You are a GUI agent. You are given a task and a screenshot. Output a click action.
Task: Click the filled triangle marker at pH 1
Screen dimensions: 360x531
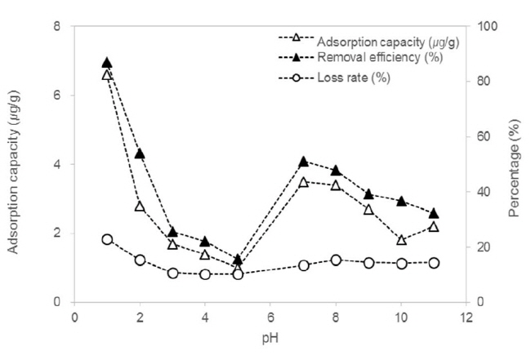pyautogui.click(x=107, y=63)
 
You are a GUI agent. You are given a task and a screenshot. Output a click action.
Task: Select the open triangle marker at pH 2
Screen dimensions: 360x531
pyautogui.click(x=140, y=207)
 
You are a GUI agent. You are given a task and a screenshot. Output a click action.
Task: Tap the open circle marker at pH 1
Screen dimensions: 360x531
pyautogui.click(x=107, y=239)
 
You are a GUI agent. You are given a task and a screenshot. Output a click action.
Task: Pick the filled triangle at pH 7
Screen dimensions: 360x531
pyautogui.click(x=303, y=162)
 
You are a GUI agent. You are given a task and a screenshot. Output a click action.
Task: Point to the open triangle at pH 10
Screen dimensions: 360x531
pyautogui.click(x=401, y=240)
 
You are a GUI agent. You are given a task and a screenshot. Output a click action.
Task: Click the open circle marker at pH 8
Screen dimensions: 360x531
pyautogui.click(x=336, y=260)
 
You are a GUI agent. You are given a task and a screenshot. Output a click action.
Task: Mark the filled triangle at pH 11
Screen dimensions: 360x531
pyautogui.click(x=434, y=213)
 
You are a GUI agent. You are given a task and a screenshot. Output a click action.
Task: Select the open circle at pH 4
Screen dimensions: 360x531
pyautogui.click(x=205, y=274)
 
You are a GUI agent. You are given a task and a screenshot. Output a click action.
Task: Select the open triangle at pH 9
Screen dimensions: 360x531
pyautogui.click(x=368, y=210)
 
